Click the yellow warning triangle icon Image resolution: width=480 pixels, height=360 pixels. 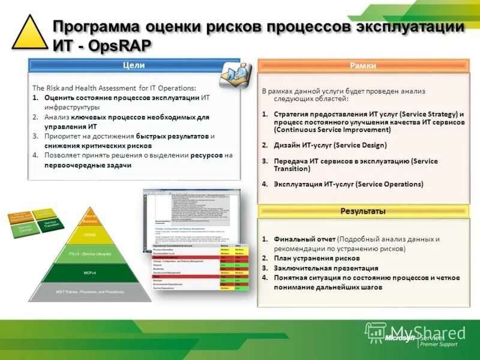[29, 34]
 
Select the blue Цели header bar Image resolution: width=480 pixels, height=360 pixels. [134, 65]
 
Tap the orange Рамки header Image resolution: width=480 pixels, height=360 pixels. [363, 65]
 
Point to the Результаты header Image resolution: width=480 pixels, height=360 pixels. [363, 211]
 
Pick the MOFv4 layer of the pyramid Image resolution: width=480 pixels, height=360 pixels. [90, 273]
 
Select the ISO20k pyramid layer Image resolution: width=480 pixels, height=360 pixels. [90, 235]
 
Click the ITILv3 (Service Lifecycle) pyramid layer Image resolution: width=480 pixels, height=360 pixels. [90, 254]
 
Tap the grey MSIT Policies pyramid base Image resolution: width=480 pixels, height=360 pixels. [90, 292]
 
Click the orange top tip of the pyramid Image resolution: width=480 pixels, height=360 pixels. [90, 217]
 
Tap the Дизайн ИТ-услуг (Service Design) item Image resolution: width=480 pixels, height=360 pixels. [330, 145]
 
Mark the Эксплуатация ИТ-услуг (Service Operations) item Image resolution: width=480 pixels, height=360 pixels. [348, 184]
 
